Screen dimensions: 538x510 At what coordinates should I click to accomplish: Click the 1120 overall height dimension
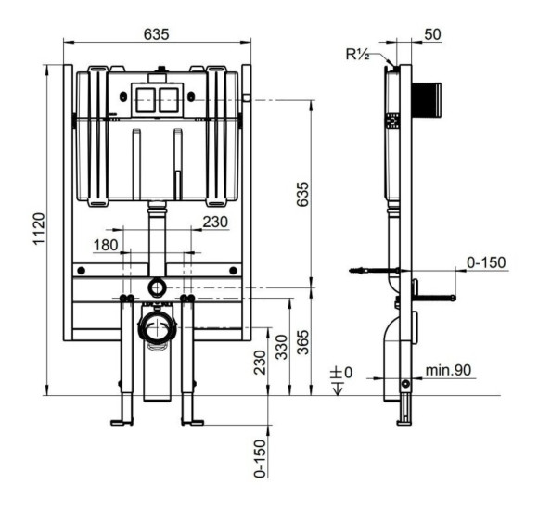(39, 228)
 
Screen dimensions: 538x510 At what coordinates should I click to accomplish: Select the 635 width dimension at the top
(157, 34)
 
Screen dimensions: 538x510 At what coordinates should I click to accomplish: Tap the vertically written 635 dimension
(302, 194)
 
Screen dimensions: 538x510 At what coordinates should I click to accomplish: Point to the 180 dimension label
(106, 245)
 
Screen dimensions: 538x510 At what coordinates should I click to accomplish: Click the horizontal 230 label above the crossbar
(215, 223)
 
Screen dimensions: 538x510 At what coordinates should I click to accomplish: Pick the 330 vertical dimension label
(282, 347)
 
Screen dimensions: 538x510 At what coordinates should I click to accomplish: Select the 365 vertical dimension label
(303, 342)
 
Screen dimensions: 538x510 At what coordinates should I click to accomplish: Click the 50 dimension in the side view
(432, 34)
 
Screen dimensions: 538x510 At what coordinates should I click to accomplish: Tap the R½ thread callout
(357, 54)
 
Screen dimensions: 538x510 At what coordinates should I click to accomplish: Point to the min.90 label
(448, 370)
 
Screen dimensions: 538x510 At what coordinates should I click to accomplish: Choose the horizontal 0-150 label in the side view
(486, 262)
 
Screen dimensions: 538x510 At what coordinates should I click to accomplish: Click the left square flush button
(146, 100)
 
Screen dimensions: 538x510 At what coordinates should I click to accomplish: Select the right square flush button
(169, 100)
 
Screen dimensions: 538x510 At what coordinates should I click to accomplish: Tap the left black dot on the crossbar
(82, 270)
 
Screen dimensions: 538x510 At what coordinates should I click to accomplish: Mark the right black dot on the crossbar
(234, 270)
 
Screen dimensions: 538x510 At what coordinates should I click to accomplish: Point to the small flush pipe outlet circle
(157, 287)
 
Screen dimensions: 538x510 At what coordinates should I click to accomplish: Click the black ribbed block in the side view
(427, 100)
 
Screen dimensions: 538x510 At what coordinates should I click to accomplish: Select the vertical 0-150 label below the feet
(261, 458)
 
